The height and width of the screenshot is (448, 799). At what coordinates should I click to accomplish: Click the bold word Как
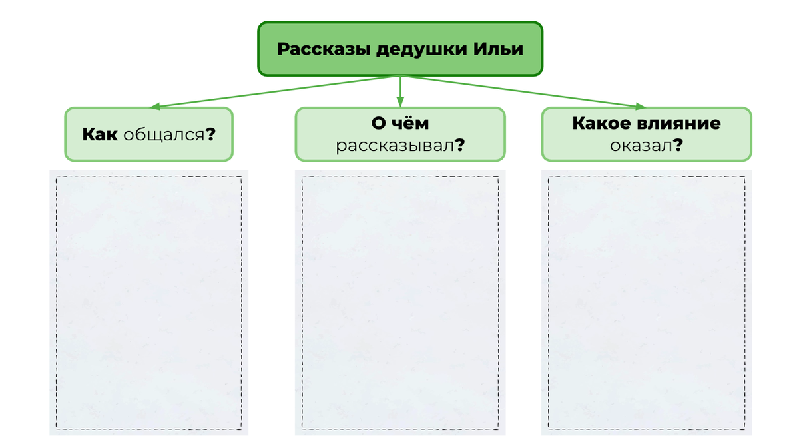(x=100, y=134)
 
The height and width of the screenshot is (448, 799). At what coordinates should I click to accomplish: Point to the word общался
(x=162, y=134)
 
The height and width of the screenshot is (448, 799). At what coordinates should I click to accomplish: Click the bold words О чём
(x=400, y=124)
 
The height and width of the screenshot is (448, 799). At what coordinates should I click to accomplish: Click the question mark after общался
(x=210, y=134)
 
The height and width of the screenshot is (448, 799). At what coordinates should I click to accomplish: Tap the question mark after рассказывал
(x=459, y=146)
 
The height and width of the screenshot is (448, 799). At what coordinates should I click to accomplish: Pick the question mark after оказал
(x=678, y=146)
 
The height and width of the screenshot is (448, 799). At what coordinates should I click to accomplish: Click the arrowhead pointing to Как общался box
(x=154, y=106)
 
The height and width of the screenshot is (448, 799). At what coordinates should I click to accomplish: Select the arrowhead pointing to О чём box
(x=400, y=103)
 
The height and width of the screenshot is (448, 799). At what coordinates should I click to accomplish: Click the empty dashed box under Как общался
(x=148, y=303)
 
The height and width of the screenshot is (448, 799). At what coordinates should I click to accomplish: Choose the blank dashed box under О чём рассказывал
(x=400, y=303)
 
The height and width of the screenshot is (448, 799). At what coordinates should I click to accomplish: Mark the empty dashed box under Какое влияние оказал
(x=646, y=303)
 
